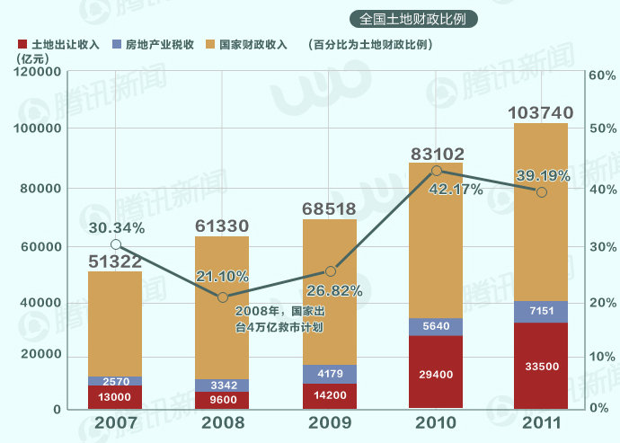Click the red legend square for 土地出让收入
[x=22, y=44]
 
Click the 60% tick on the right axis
[x=600, y=75]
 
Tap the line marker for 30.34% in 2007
[x=115, y=244]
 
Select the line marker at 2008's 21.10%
[x=223, y=297]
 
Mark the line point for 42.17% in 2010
[x=437, y=171]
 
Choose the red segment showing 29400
[x=436, y=373]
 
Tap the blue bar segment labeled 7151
[x=541, y=311]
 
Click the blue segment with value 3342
[x=222, y=385]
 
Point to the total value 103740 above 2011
[x=541, y=112]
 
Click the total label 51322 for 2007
[x=115, y=261]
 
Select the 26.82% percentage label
[x=332, y=290]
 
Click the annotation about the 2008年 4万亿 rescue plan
[x=278, y=319]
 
